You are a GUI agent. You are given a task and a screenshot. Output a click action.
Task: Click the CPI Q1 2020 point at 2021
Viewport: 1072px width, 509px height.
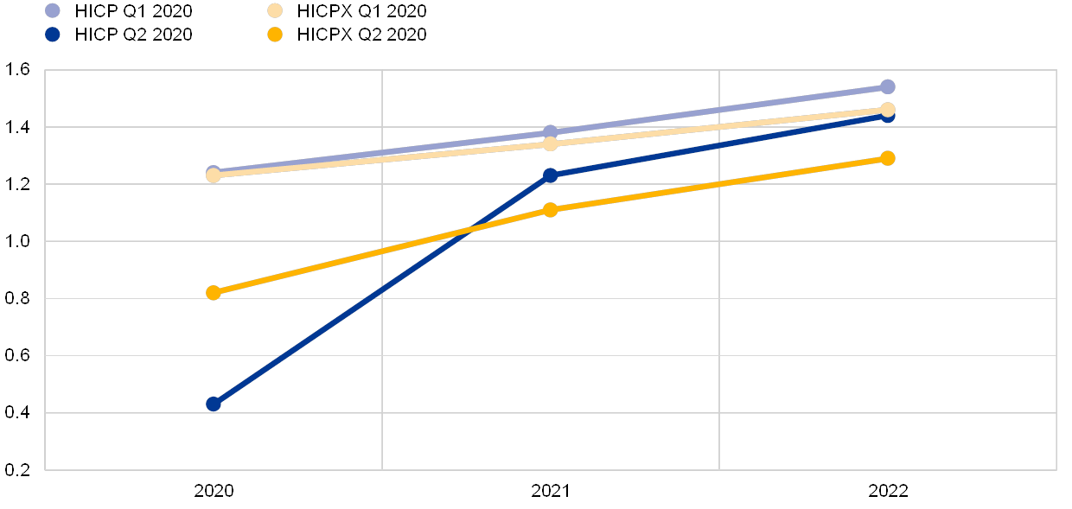[x=550, y=133]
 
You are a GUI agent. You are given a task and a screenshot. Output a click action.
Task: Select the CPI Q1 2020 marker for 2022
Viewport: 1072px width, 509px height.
[x=887, y=86]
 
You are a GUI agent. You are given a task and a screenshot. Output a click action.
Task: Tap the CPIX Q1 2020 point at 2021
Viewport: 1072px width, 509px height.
[x=550, y=143]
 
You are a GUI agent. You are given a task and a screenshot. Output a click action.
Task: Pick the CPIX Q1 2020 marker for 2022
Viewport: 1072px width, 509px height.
[x=887, y=110]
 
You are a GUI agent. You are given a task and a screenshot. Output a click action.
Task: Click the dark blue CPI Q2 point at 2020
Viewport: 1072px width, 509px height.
[x=214, y=404]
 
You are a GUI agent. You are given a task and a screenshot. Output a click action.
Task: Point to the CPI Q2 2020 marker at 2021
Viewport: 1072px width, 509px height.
[x=550, y=175]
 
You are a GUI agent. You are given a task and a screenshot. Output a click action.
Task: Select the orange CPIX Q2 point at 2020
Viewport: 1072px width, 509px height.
[x=214, y=293]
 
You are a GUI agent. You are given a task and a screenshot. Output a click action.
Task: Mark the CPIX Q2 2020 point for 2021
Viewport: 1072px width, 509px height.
[x=550, y=210]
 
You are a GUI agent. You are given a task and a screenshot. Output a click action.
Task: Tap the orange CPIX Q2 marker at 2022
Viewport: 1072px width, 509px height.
[x=887, y=158]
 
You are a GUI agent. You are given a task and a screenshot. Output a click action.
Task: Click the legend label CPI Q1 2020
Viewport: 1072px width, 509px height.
[x=143, y=11]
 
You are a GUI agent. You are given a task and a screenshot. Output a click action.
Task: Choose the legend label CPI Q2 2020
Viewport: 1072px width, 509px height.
[x=143, y=35]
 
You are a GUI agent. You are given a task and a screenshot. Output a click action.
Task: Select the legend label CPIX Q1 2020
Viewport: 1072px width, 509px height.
[x=371, y=11]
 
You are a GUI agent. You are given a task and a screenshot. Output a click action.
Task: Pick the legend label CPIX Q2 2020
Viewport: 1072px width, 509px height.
[x=371, y=35]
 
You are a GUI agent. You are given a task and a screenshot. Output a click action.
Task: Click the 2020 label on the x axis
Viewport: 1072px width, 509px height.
[x=214, y=491]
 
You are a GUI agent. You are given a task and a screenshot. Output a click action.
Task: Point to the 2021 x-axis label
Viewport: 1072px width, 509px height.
[x=550, y=491]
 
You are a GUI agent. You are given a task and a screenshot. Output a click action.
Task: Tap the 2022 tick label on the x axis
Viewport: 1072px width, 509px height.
[x=887, y=491]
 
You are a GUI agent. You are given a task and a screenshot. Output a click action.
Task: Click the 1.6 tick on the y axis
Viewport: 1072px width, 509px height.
[x=17, y=70]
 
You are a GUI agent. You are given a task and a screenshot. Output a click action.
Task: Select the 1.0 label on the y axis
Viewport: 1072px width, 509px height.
[x=17, y=241]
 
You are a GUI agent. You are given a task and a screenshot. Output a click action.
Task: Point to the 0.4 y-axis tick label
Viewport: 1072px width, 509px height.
[x=17, y=413]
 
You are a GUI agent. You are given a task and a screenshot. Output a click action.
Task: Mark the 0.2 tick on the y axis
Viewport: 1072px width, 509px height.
[x=17, y=470]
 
